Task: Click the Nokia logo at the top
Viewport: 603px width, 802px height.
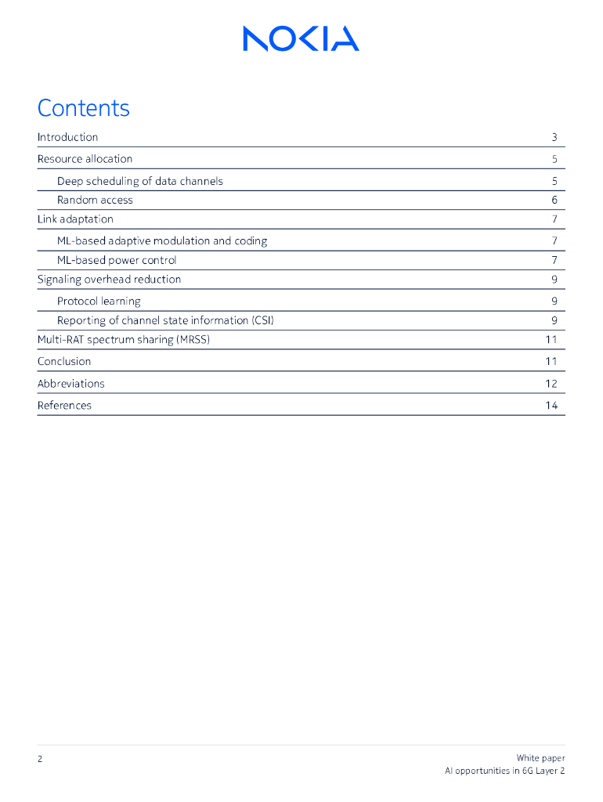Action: point(301,38)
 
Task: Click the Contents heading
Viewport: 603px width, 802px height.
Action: point(83,108)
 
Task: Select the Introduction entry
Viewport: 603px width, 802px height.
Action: point(67,137)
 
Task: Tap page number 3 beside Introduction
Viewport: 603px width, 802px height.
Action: point(554,137)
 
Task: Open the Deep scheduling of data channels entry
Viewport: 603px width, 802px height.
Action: point(139,181)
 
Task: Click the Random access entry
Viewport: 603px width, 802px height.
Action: point(95,200)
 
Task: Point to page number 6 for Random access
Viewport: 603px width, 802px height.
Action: point(554,200)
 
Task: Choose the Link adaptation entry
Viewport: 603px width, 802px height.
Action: point(75,219)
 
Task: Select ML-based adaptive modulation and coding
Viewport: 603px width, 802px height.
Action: point(161,240)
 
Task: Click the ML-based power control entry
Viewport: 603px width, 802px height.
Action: point(117,260)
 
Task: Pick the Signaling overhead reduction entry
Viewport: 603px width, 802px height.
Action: point(109,279)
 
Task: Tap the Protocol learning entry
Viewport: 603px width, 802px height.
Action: point(99,301)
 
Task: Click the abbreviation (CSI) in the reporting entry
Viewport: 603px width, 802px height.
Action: point(262,320)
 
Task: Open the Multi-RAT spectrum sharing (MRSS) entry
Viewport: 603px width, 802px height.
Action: point(123,339)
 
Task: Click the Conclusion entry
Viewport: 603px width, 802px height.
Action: point(64,361)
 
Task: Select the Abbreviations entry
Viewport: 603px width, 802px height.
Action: point(70,383)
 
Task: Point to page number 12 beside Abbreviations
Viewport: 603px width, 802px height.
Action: point(551,383)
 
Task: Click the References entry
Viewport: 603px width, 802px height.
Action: point(64,405)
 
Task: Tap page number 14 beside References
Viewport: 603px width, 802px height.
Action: point(551,405)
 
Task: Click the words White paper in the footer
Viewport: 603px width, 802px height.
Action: point(540,757)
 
